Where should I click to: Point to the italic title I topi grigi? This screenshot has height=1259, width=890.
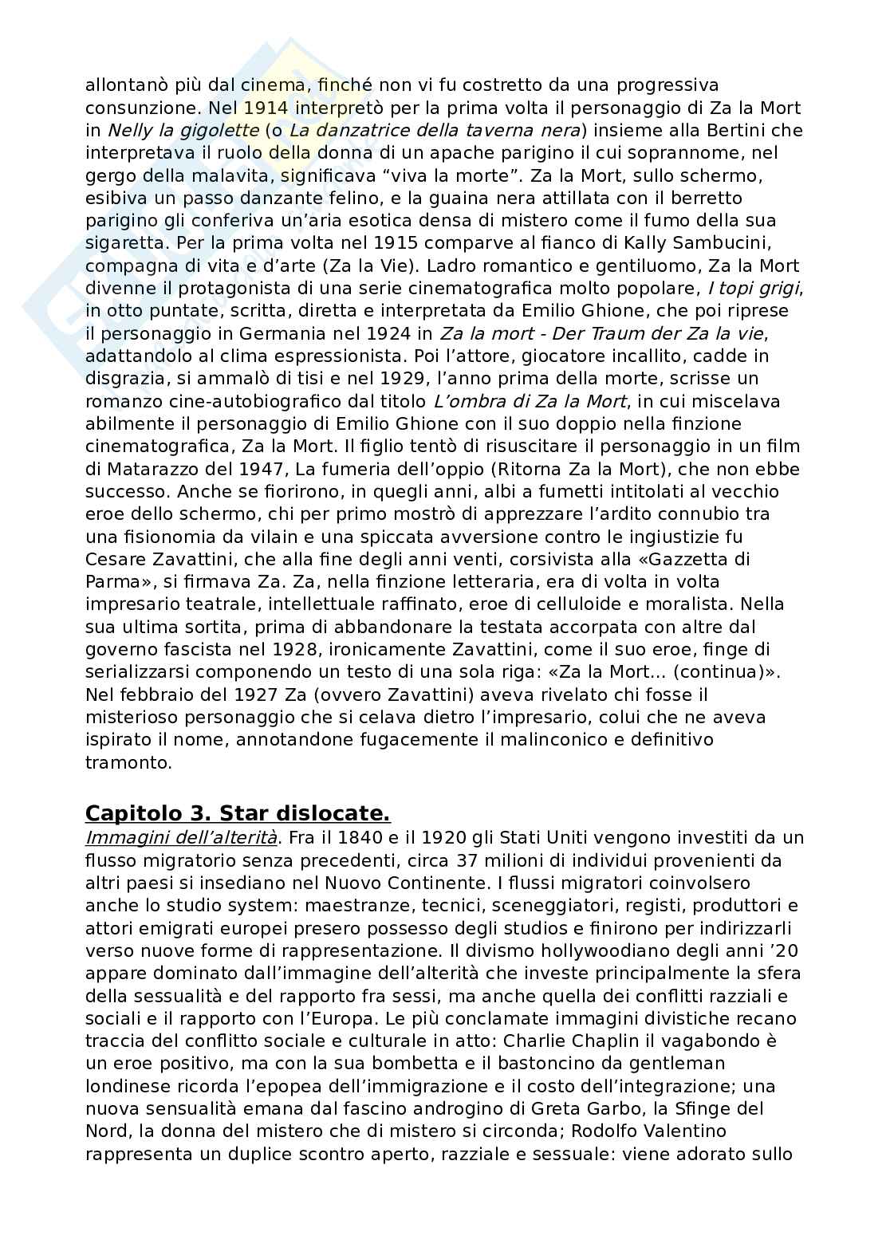tap(754, 287)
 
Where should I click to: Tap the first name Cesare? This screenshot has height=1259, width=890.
tap(114, 559)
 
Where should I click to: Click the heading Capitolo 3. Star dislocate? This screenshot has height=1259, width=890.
tap(238, 813)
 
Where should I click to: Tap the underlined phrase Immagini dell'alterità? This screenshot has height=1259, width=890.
tap(181, 837)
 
